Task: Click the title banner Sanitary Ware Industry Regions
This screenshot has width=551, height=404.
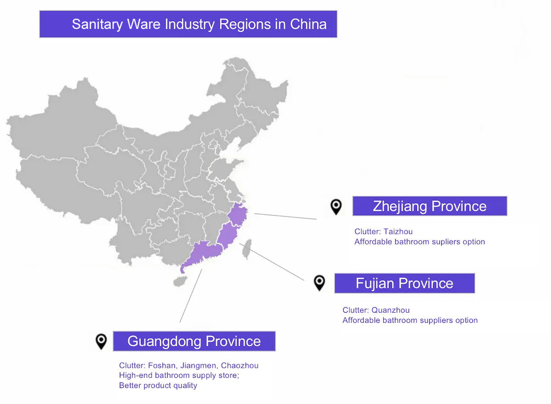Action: point(188,24)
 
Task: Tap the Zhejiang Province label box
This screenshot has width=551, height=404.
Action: point(429,206)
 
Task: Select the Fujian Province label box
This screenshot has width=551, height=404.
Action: point(404,283)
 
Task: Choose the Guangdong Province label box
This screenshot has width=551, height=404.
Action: point(194,341)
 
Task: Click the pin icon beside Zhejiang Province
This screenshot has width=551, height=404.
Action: point(336,206)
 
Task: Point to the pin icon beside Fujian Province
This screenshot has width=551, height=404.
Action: point(319,282)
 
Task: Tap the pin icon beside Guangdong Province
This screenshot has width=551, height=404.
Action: point(101,341)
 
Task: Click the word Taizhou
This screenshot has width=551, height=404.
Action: point(398,232)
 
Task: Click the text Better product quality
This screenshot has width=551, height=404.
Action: point(158,385)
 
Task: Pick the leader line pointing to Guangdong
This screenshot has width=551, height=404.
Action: point(191,296)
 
